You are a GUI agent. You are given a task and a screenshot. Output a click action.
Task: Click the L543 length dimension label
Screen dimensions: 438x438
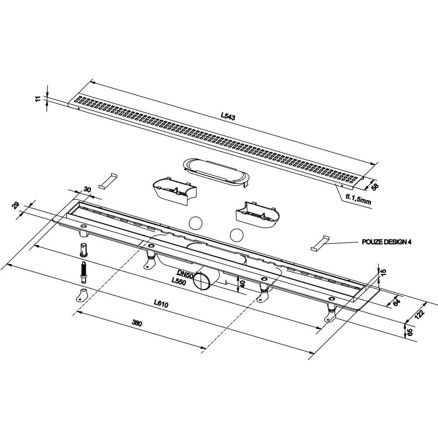228,116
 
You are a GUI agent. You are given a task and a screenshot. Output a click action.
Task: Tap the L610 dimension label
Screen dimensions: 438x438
161,304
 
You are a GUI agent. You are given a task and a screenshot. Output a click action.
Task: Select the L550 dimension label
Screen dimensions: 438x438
179,282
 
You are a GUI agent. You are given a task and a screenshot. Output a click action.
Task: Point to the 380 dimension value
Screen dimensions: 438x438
137,323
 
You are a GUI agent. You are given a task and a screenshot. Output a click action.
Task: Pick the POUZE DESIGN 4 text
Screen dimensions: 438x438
387,242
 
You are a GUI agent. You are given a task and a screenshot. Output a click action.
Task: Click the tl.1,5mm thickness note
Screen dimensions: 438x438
358,199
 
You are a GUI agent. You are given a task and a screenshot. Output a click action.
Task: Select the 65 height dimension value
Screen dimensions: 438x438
410,332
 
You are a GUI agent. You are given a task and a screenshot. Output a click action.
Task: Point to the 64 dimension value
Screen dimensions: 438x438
397,302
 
